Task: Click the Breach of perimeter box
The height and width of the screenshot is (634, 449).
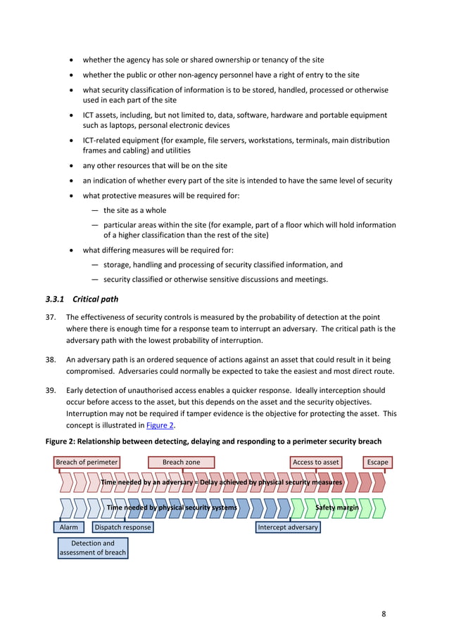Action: tap(87, 462)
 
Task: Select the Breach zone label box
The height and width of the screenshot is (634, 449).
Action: tap(181, 462)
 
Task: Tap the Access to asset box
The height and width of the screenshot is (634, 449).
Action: tap(316, 462)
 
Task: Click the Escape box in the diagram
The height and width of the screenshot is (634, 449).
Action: tap(377, 462)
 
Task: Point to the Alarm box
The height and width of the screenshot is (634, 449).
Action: tap(69, 527)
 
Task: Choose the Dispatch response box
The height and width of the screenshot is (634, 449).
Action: tap(122, 527)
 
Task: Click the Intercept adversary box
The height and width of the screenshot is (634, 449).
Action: tap(288, 527)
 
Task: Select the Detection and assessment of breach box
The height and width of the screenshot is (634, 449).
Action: tap(92, 548)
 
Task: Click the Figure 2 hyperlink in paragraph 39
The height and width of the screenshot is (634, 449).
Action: tap(160, 425)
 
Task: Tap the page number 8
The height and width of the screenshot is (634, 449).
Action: tap(384, 614)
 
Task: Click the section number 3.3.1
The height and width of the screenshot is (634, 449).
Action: tap(55, 299)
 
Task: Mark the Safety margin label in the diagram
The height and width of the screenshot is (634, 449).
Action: tap(337, 507)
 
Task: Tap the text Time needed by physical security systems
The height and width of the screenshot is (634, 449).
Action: tap(172, 507)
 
